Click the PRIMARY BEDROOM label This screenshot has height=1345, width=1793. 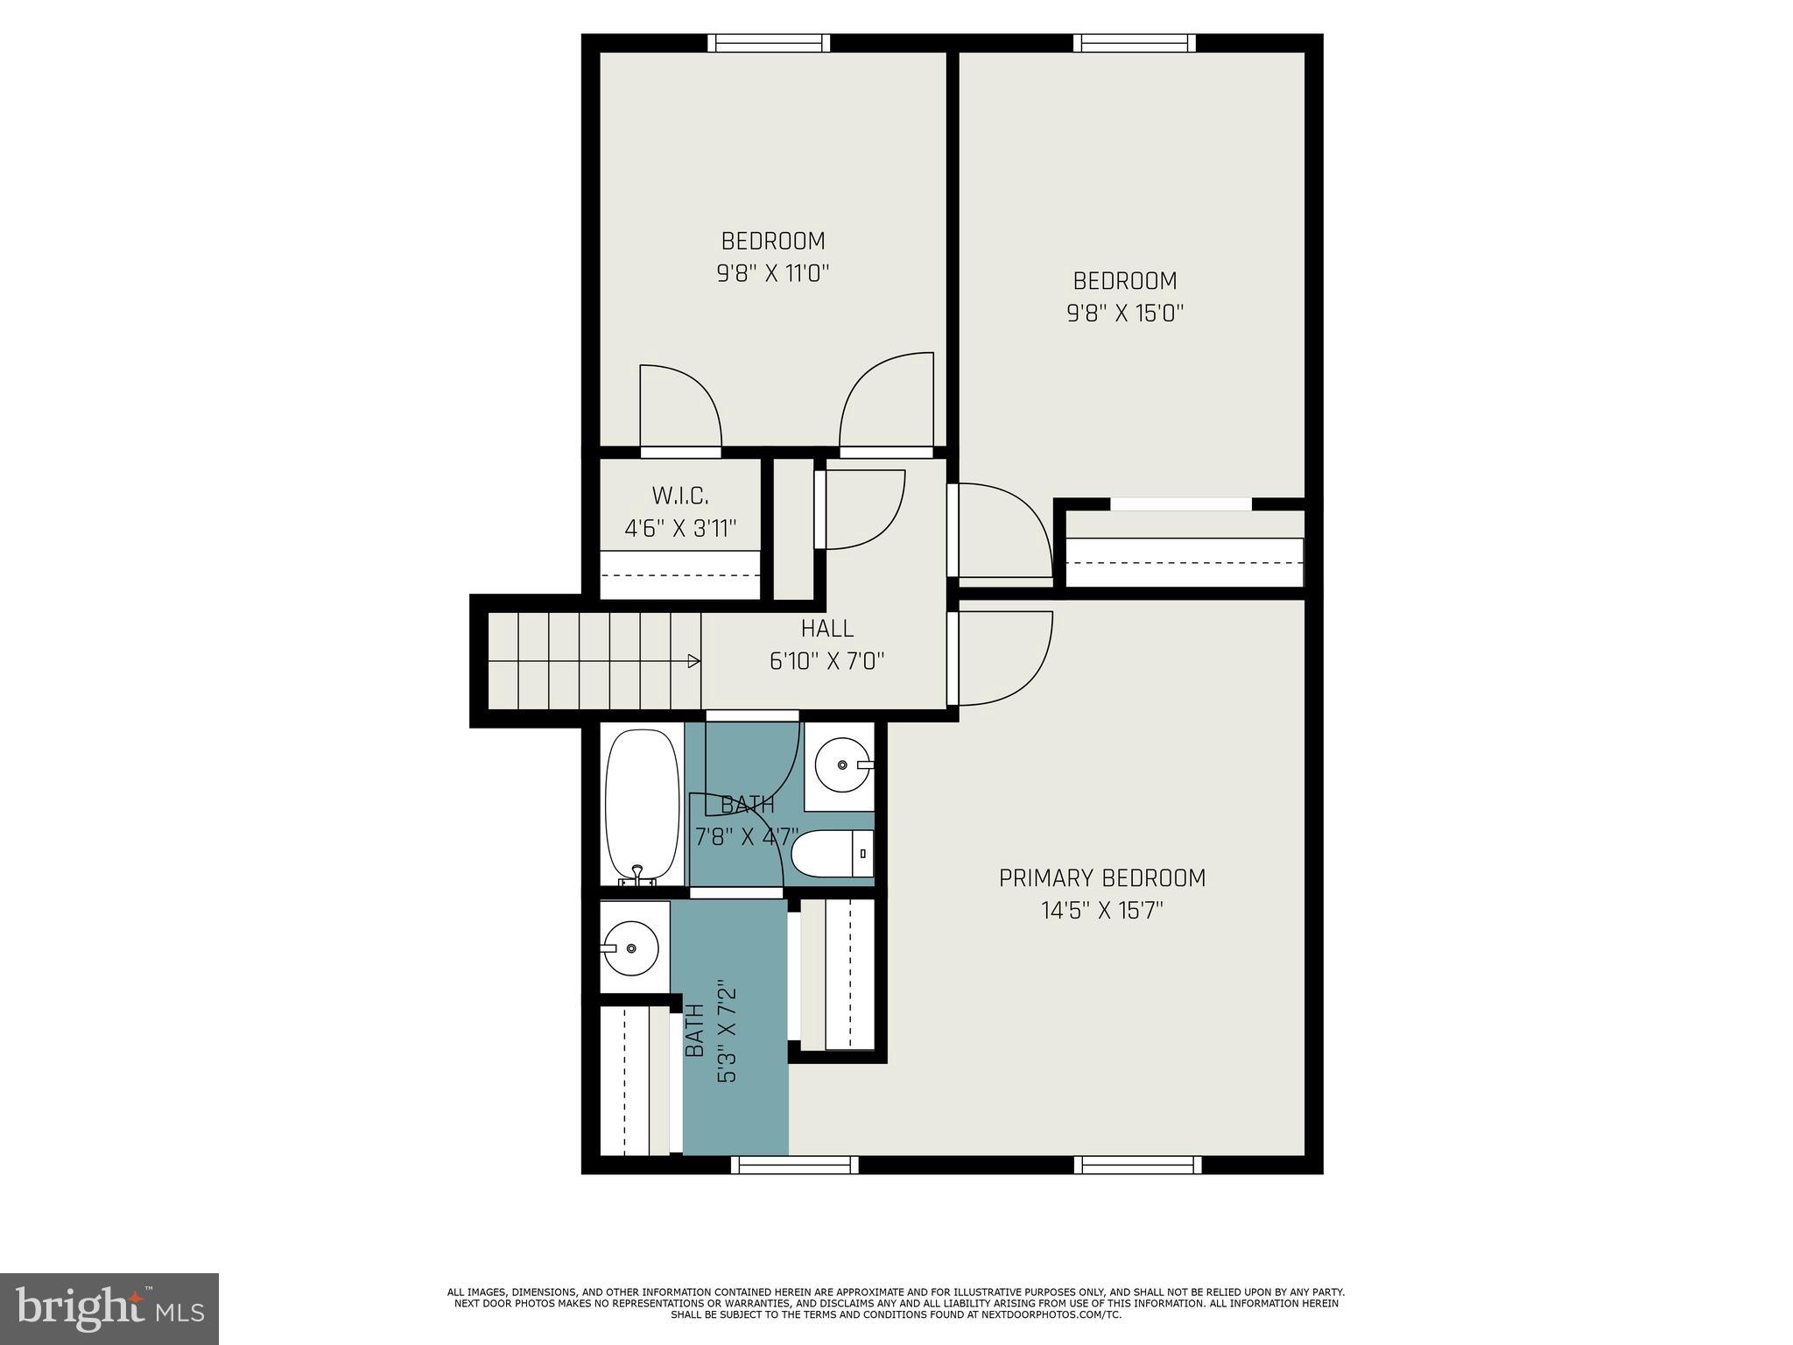point(1102,878)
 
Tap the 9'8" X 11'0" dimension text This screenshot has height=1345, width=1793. point(772,274)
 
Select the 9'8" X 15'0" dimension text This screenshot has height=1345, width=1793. point(1125,313)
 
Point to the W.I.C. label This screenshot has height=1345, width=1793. point(680,496)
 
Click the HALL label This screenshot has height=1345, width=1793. point(826,629)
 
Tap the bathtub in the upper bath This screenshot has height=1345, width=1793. point(643,806)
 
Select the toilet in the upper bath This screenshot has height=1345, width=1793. point(832,853)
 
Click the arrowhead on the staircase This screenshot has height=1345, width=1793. point(694,660)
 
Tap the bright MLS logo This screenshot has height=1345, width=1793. point(109,1308)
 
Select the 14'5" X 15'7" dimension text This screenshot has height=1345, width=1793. point(1102,912)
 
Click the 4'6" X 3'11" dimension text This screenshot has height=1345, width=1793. point(680,529)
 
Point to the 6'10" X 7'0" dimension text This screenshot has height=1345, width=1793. point(826,661)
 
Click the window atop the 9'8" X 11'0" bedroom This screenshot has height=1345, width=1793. point(768,43)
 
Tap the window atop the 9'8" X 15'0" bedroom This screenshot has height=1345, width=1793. point(1135,43)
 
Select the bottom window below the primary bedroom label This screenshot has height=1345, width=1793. point(1137,1165)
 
